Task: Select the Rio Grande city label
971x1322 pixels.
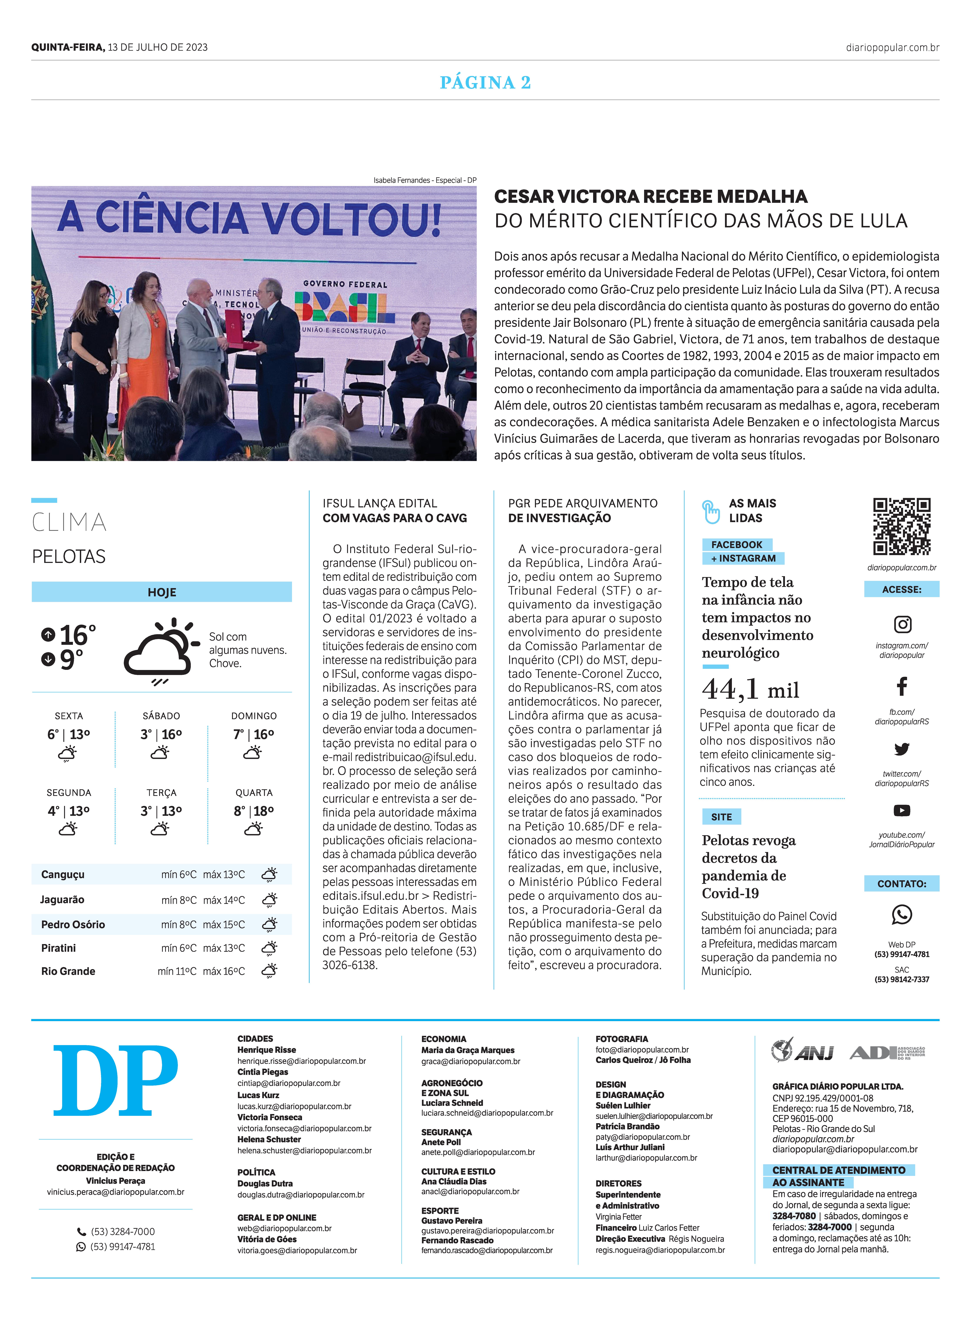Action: pyautogui.click(x=68, y=971)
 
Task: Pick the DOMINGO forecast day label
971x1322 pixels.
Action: pyautogui.click(x=254, y=716)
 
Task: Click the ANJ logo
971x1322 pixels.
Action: pyautogui.click(x=803, y=1051)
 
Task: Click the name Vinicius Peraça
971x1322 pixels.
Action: pyautogui.click(x=116, y=1180)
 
